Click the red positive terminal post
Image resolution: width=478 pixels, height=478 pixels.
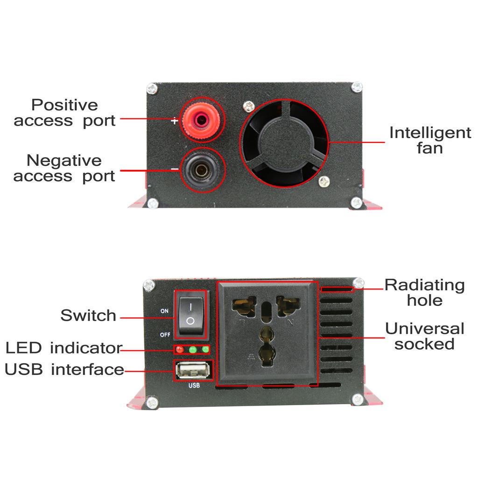(x=200, y=119)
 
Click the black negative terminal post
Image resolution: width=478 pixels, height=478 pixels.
(x=201, y=170)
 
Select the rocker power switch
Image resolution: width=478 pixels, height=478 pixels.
(x=190, y=314)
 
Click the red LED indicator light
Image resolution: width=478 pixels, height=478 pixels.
(x=179, y=350)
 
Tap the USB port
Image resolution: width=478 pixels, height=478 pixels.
(x=194, y=371)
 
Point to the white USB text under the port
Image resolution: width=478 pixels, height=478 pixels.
(x=194, y=386)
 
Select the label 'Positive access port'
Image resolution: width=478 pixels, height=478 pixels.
(x=64, y=112)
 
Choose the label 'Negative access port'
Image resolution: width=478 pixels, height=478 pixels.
(x=64, y=168)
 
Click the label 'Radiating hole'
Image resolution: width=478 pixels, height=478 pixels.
(x=424, y=292)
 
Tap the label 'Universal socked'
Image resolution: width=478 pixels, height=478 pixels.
(x=424, y=336)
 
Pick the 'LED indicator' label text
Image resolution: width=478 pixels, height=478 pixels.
(x=63, y=348)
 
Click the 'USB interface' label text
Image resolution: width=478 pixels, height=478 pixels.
(x=64, y=370)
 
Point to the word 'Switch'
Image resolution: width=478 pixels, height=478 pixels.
(x=88, y=316)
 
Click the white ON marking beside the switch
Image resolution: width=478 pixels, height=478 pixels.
(x=164, y=311)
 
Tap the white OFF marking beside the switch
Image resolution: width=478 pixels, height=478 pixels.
(x=165, y=334)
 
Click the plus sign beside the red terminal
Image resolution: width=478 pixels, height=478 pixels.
(x=174, y=121)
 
